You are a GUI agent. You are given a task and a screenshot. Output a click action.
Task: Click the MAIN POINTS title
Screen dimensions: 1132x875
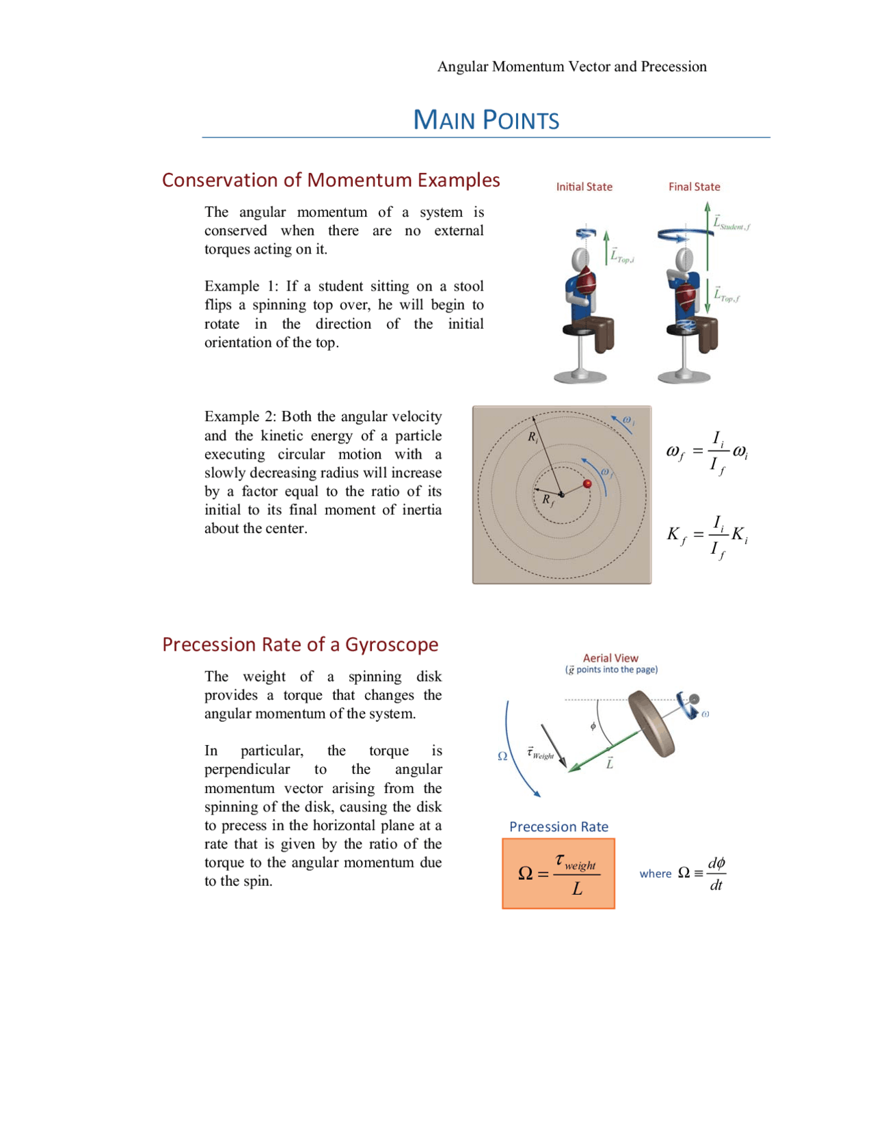[x=486, y=120]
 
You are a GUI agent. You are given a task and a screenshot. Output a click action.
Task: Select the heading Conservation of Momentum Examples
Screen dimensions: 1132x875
[x=331, y=180]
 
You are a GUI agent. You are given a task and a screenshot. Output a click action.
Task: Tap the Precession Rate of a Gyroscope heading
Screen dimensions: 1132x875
[x=300, y=645]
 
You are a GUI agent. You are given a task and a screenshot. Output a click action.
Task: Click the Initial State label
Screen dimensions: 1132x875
[x=584, y=187]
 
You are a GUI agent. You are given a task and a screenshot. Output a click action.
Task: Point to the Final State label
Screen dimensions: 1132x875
[x=694, y=187]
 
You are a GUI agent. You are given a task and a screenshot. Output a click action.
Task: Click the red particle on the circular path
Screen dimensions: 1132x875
[x=587, y=484]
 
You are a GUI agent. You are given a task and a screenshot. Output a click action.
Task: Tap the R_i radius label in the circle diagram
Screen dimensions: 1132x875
[x=533, y=437]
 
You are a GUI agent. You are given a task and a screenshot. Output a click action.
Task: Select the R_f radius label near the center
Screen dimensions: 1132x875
[x=548, y=500]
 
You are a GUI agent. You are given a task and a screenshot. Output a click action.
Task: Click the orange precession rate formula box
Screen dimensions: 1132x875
[x=558, y=874]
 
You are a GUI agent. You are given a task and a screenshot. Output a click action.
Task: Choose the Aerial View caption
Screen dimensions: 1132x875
[x=610, y=658]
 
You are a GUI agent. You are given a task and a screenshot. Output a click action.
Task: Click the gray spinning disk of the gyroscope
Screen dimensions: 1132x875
[x=651, y=723]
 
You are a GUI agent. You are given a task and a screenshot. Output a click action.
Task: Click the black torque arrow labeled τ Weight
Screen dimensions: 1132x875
[x=554, y=746]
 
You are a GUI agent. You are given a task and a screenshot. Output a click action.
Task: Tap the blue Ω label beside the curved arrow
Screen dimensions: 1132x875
[x=502, y=756]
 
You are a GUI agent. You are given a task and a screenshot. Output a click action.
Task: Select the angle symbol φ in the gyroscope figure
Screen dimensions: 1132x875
[x=593, y=726]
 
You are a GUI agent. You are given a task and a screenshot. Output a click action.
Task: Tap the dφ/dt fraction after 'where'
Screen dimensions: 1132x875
[x=716, y=874]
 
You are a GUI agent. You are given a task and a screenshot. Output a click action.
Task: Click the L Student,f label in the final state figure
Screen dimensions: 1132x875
[x=731, y=224]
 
